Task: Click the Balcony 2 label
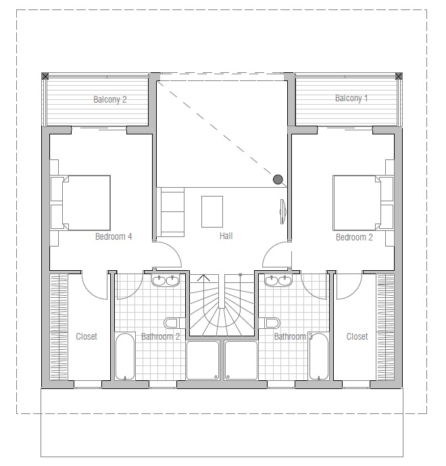click(110, 99)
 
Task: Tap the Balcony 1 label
click(351, 99)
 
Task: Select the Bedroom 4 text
click(114, 236)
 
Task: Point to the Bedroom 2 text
click(354, 237)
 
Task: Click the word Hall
click(226, 236)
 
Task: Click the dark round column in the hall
click(278, 179)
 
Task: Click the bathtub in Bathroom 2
click(125, 357)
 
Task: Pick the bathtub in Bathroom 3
click(319, 357)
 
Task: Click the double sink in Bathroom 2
click(166, 280)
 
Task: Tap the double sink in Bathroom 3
click(278, 280)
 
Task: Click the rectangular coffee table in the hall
click(212, 211)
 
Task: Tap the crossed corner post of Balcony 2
click(45, 76)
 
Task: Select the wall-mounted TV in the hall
click(282, 211)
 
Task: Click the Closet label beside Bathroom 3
click(357, 336)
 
